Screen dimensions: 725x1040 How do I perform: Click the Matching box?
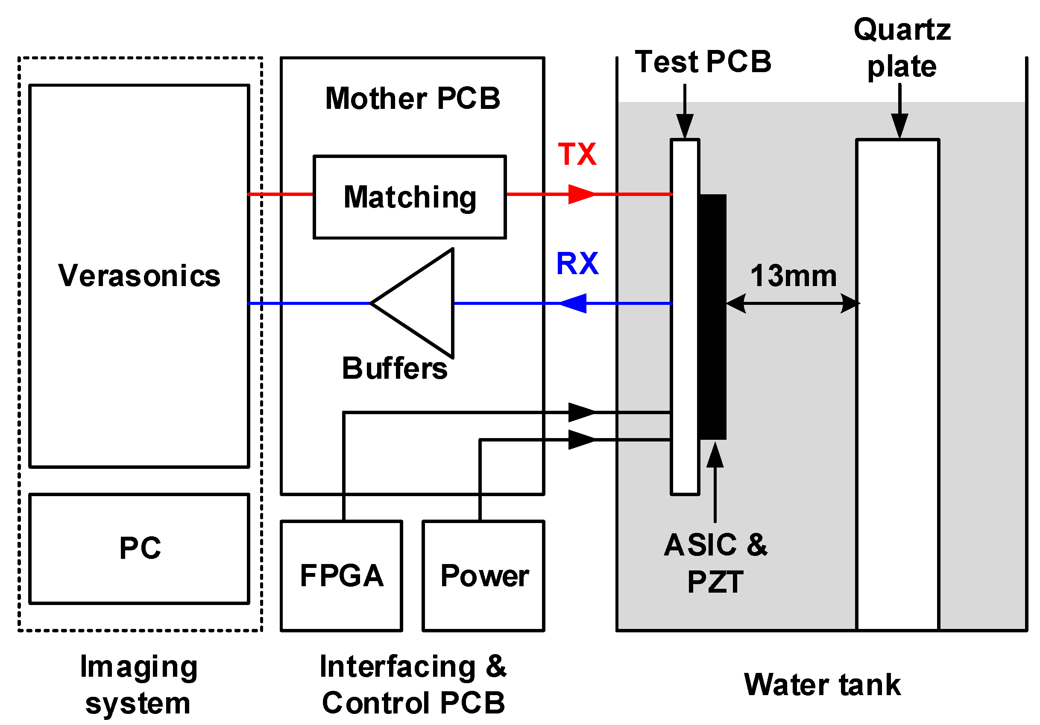[410, 197]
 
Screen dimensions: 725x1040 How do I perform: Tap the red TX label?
[577, 154]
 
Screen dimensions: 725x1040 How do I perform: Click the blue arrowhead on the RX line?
[574, 304]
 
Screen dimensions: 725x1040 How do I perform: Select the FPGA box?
[341, 576]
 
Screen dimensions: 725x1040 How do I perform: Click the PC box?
[139, 548]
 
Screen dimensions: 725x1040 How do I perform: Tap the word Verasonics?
[139, 276]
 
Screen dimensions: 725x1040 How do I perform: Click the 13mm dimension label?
[793, 276]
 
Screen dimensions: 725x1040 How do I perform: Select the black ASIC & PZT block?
[712, 317]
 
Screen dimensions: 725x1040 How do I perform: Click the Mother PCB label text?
[412, 98]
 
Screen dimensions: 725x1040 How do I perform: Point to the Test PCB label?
[703, 61]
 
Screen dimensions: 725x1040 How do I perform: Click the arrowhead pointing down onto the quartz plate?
[899, 125]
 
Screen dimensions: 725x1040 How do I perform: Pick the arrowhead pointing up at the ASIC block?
[715, 456]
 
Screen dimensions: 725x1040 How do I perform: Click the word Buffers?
[394, 368]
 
